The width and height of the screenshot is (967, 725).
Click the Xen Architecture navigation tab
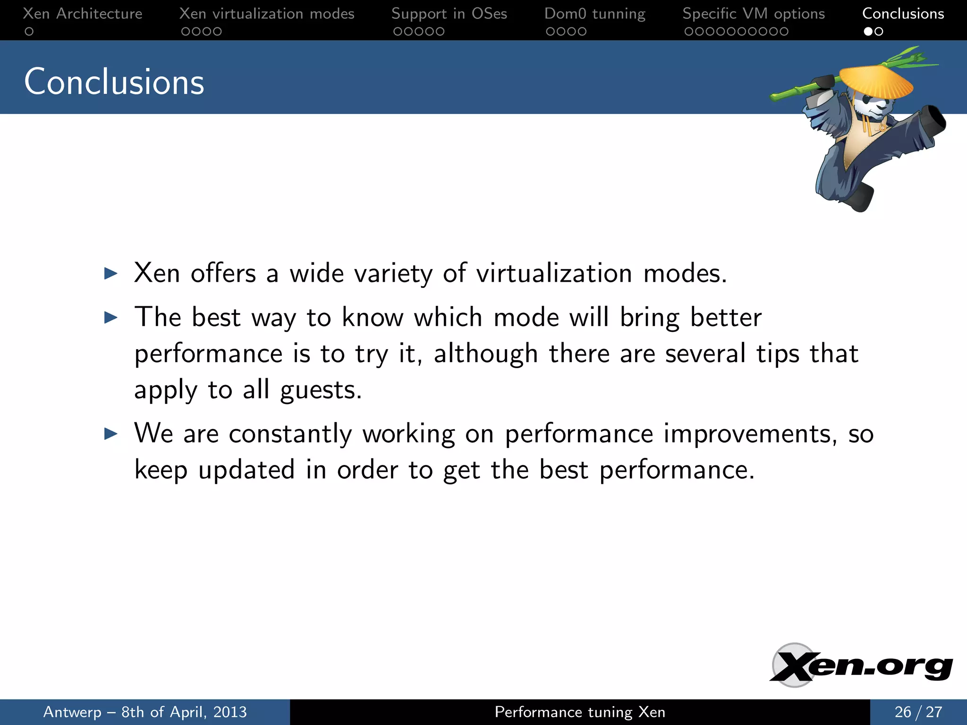point(83,14)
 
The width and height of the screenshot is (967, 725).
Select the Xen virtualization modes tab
point(267,14)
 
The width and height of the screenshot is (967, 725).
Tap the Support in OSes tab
point(449,14)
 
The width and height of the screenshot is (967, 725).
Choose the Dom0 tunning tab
point(594,14)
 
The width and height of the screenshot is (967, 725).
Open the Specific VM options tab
point(754,14)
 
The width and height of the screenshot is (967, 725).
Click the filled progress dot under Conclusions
point(868,32)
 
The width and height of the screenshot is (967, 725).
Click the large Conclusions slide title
point(114,82)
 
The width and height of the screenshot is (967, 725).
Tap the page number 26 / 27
point(918,712)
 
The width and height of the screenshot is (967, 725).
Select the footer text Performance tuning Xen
point(580,712)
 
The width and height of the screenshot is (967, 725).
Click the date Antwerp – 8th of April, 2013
point(145,712)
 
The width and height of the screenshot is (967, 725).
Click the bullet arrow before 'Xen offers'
point(111,273)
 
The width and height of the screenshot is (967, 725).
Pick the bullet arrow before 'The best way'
point(111,317)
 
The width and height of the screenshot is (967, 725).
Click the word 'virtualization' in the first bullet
point(554,273)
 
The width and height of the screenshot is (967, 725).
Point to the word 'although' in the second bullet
point(485,354)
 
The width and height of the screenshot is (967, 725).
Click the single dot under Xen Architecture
point(29,32)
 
